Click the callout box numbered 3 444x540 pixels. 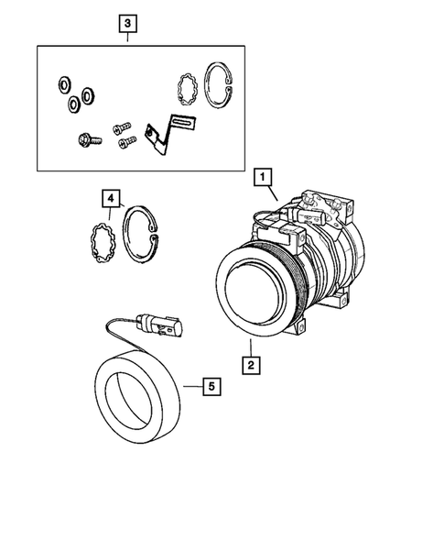point(128,22)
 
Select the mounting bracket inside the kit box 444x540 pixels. point(170,130)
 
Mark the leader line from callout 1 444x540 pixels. point(272,193)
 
